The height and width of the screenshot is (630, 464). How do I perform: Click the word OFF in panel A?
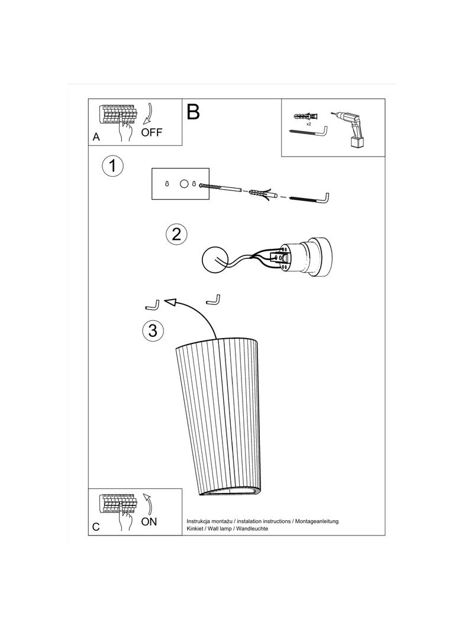pyautogui.click(x=152, y=132)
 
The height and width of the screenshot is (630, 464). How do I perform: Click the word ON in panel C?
pyautogui.click(x=149, y=521)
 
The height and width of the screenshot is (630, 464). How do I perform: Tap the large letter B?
pyautogui.click(x=193, y=112)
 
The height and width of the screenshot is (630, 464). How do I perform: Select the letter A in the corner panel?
pyautogui.click(x=96, y=137)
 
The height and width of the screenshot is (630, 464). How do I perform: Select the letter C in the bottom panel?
pyautogui.click(x=96, y=527)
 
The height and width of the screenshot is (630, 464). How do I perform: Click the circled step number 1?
pyautogui.click(x=112, y=165)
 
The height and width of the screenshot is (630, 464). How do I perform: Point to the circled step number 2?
pyautogui.click(x=176, y=234)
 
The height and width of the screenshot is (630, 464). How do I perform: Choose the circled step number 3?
pyautogui.click(x=153, y=330)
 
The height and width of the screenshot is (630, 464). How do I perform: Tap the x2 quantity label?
pyautogui.click(x=309, y=124)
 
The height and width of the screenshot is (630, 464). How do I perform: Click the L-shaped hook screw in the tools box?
pyautogui.click(x=309, y=132)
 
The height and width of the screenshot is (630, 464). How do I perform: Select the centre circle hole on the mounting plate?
pyautogui.click(x=184, y=184)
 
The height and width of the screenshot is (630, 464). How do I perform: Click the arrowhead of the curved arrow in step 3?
pyautogui.click(x=172, y=302)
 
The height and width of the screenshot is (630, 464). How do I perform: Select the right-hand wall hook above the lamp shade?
pyautogui.click(x=213, y=299)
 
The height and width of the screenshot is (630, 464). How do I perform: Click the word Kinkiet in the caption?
pyautogui.click(x=195, y=529)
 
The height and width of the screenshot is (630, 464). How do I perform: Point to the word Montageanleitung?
pyautogui.click(x=317, y=521)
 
